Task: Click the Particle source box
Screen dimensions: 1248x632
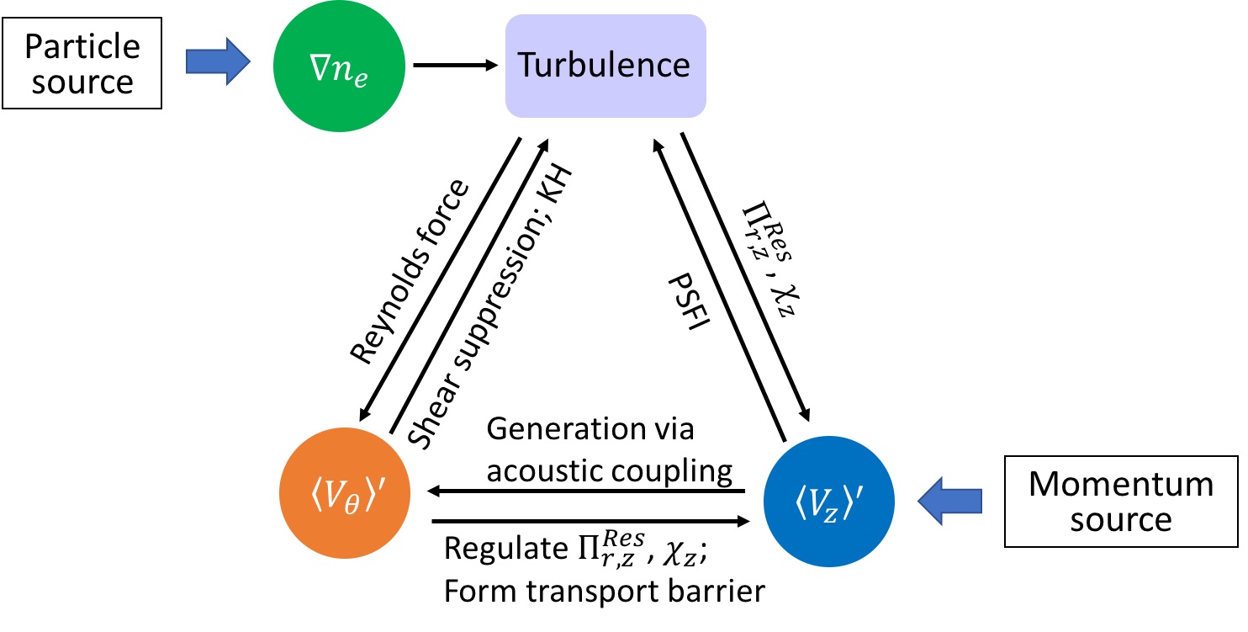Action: [82, 63]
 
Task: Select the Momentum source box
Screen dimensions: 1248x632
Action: [1121, 502]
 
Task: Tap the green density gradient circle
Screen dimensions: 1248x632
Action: [339, 66]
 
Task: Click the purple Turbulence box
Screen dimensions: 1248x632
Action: [605, 66]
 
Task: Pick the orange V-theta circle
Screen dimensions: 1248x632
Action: [345, 492]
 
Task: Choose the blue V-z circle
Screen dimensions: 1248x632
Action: [829, 501]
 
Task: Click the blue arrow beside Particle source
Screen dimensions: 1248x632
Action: [218, 61]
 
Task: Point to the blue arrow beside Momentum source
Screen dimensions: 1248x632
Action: [950, 501]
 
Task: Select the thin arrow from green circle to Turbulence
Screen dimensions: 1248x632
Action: [455, 65]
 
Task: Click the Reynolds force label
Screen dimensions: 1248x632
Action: [410, 272]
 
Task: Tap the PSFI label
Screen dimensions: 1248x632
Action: [689, 301]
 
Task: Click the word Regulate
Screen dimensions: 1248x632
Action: [506, 549]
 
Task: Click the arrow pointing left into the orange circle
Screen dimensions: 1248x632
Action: [585, 491]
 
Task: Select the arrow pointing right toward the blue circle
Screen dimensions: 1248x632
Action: [591, 521]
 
